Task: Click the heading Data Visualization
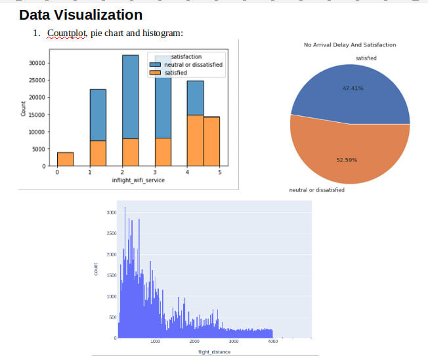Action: click(81, 14)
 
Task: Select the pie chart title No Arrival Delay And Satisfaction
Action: click(350, 45)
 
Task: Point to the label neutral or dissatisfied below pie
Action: click(317, 190)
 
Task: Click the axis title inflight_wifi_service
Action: click(138, 180)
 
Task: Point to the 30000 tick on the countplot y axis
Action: click(36, 64)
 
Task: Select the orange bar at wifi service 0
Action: click(65, 159)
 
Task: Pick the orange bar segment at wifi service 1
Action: click(98, 153)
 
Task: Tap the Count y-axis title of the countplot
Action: click(23, 109)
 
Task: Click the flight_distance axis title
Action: click(214, 352)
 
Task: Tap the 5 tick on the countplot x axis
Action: click(220, 172)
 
